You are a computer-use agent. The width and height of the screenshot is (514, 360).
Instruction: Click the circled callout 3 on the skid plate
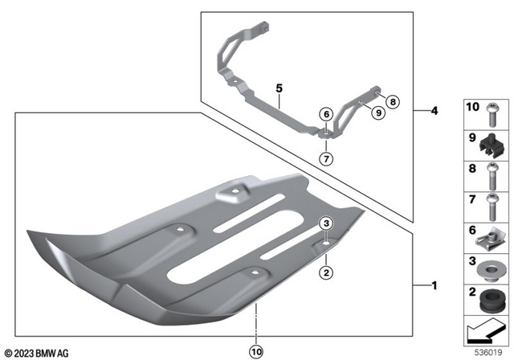pos(326,223)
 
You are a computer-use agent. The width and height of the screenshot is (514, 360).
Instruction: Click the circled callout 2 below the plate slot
pos(326,272)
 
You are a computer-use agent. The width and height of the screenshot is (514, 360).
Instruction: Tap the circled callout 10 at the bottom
pos(256,350)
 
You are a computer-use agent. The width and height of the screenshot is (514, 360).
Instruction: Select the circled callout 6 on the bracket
pos(326,114)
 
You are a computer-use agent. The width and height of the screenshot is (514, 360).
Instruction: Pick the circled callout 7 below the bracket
pos(326,158)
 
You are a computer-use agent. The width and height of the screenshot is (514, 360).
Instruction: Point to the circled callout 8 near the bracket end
pos(392,102)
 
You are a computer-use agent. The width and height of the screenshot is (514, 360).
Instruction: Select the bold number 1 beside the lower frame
pos(434,284)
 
